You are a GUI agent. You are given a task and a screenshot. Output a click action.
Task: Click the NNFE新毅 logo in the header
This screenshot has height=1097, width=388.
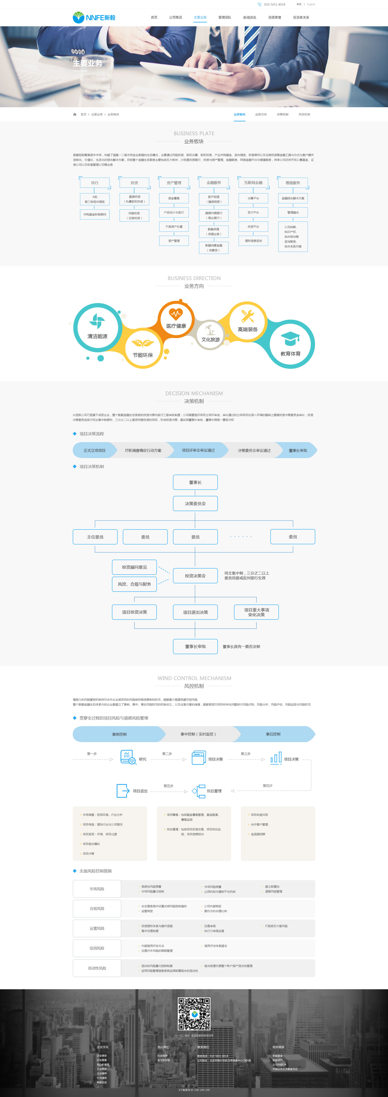point(94,17)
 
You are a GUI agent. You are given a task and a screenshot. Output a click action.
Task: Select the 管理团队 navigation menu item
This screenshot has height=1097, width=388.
point(225,17)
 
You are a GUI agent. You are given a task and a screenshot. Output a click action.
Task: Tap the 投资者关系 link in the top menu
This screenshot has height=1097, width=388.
point(301,17)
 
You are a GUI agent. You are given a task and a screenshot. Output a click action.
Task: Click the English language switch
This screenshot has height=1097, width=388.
point(311,4)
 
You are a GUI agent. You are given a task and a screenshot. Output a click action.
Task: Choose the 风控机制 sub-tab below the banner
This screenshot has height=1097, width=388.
point(304,115)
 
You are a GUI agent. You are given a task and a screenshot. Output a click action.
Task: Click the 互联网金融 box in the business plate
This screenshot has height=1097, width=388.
point(253,183)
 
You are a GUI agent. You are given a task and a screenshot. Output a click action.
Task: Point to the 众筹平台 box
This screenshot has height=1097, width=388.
point(253,198)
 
